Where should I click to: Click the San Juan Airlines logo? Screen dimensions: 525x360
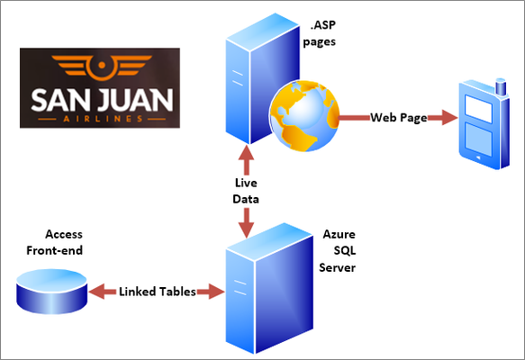tap(100, 87)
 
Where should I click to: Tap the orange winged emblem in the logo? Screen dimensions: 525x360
tap(102, 67)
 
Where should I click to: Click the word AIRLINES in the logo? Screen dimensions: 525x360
tap(103, 119)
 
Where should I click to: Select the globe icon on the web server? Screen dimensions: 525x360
tap(304, 115)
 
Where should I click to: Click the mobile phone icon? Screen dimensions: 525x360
tap(484, 124)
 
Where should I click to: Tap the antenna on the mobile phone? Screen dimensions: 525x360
tap(501, 86)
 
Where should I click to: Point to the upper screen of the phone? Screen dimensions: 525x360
tap(478, 109)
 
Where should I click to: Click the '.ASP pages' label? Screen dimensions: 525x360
tap(319, 33)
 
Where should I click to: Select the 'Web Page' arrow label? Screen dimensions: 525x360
tap(399, 118)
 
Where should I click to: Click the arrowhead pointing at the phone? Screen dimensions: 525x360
tap(449, 117)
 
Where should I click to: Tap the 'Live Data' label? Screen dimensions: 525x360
tap(246, 191)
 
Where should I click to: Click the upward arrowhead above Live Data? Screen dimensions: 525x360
tap(247, 153)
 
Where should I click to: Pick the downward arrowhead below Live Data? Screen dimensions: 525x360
tap(247, 229)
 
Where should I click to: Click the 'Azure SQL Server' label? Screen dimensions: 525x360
tap(337, 251)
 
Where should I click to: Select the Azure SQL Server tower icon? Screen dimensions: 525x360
tap(269, 288)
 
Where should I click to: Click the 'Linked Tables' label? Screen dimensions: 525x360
tap(158, 292)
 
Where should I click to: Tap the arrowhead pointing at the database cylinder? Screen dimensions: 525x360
tap(97, 292)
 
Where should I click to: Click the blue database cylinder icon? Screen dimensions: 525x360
tap(52, 292)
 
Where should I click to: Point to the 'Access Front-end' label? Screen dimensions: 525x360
tap(55, 242)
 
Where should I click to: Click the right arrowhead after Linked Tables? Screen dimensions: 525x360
tap(217, 292)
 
